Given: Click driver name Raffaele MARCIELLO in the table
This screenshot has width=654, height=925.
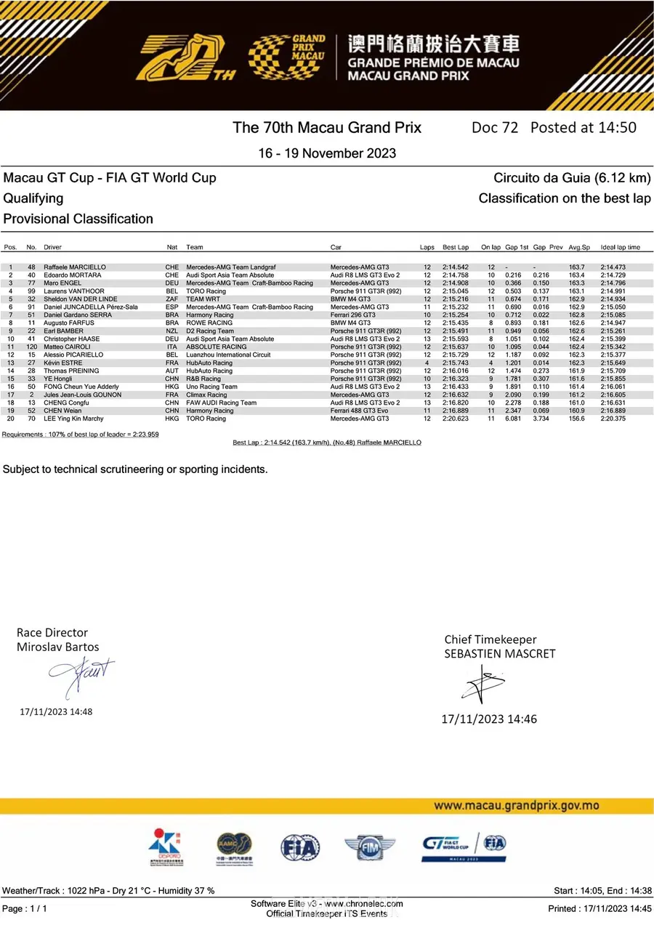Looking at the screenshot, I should click(75, 267).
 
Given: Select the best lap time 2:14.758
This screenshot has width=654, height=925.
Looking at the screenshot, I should click(456, 275).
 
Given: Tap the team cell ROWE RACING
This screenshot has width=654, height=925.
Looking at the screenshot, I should click(209, 323).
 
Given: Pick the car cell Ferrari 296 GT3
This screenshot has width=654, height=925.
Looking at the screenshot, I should click(352, 315).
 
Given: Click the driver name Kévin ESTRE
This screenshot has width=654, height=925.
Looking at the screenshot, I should click(62, 363).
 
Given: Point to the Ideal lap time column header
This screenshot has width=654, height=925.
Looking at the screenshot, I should click(621, 248).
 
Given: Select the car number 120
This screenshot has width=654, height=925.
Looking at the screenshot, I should click(31, 347).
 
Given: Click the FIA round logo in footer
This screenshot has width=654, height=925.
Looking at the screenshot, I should click(300, 847).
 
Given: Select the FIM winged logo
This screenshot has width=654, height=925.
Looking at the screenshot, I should click(370, 847).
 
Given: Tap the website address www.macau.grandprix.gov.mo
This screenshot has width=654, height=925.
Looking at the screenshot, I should click(516, 805).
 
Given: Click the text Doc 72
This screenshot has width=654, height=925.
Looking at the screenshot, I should click(495, 127).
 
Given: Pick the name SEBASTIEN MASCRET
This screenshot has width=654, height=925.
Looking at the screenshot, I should click(500, 653).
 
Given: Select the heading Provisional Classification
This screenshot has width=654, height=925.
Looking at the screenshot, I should click(78, 219).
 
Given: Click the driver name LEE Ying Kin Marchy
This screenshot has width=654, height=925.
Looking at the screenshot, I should click(73, 419).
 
